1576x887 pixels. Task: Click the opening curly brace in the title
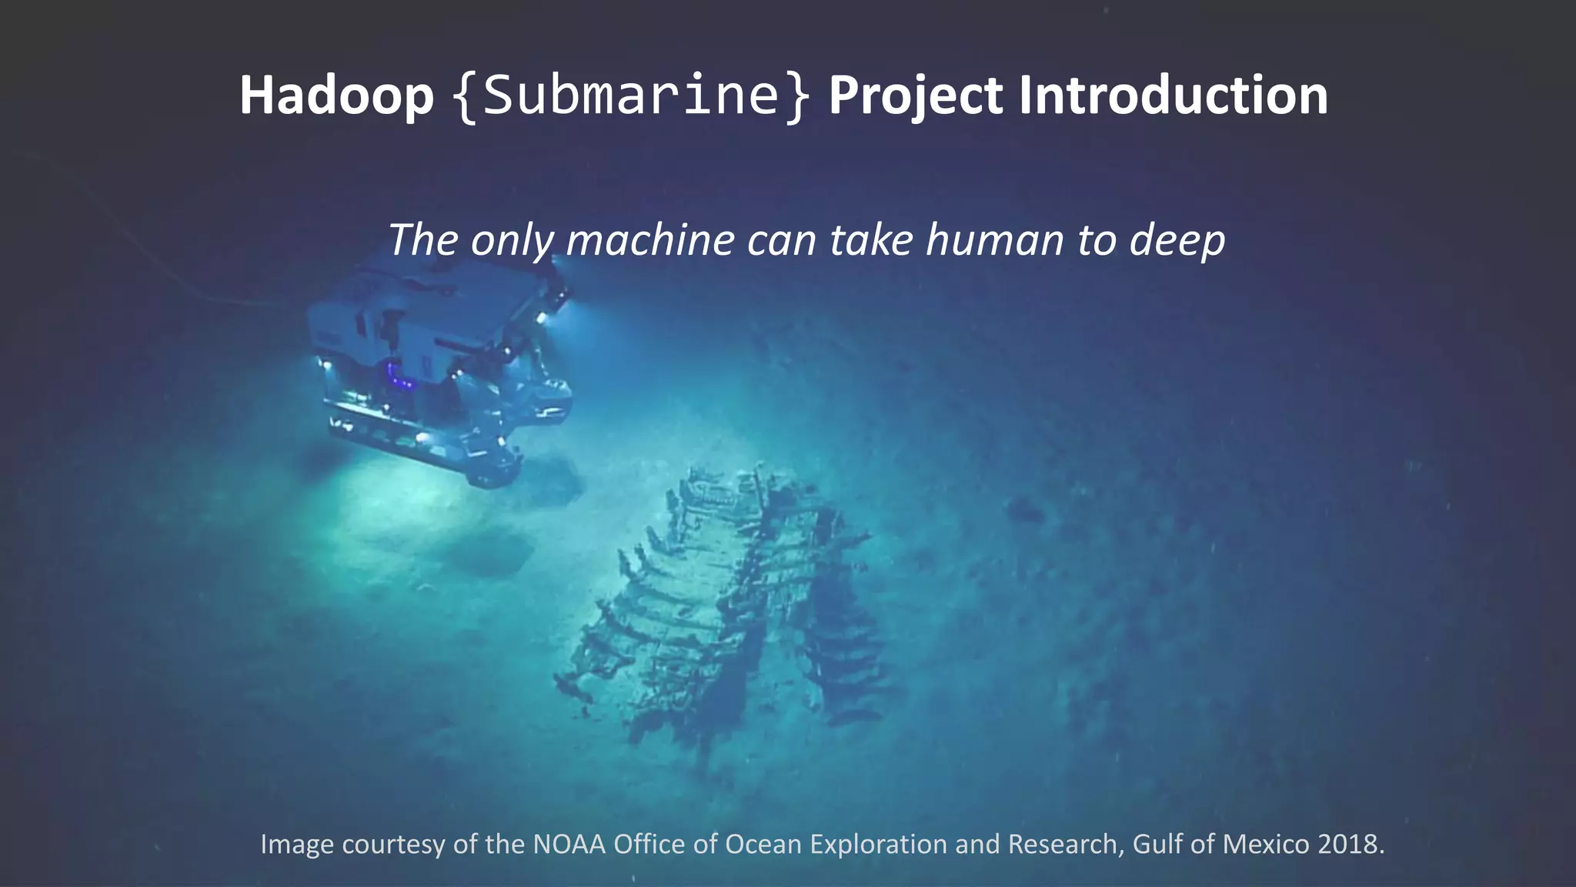tap(464, 97)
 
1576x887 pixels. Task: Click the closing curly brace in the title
tap(798, 97)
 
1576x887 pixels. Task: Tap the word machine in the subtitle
tap(650, 239)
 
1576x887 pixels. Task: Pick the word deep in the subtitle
tap(1177, 241)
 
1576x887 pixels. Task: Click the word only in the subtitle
tap(511, 241)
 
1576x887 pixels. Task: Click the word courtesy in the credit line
tap(393, 845)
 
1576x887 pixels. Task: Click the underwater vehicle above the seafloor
tap(431, 362)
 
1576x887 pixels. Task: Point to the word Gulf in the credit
tap(1158, 844)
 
